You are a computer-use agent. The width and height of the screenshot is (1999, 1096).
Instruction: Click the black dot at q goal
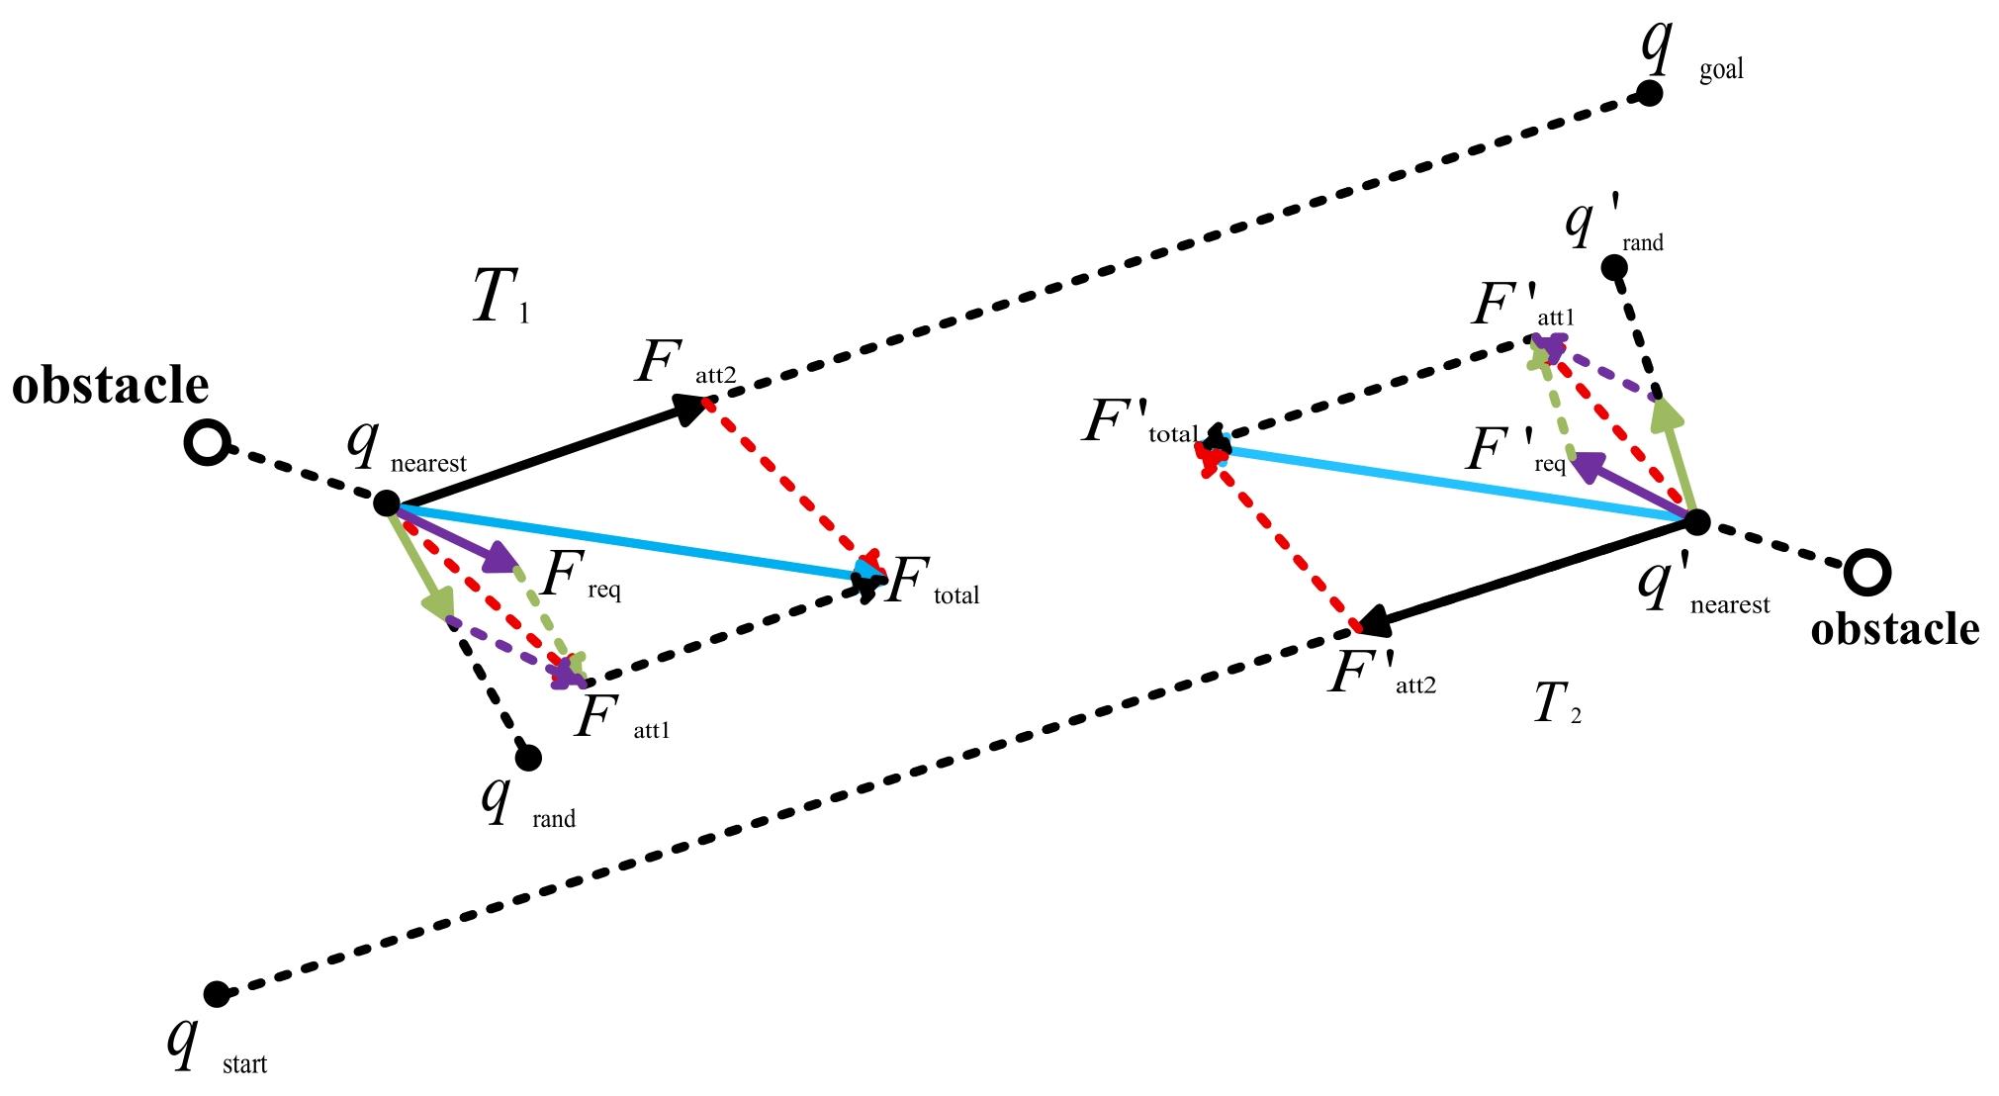1648,94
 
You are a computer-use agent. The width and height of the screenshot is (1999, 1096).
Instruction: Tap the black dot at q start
216,993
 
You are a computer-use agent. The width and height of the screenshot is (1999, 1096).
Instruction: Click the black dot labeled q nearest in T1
386,503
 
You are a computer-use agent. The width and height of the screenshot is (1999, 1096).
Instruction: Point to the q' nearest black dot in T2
1696,521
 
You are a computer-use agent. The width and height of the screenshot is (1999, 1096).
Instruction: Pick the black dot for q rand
528,758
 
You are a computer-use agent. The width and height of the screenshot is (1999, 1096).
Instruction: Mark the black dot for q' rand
1613,267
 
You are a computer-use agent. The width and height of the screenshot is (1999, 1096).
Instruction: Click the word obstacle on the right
1894,629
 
